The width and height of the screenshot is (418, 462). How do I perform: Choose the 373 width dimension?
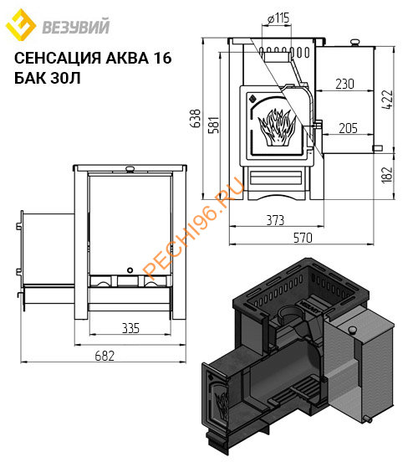275,221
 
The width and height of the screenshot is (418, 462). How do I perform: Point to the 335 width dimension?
129,327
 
